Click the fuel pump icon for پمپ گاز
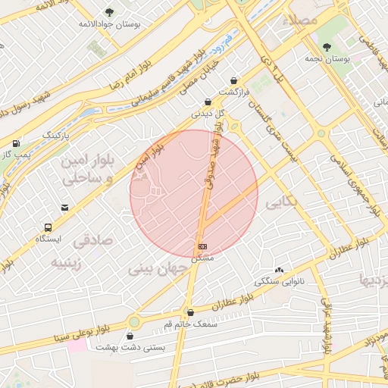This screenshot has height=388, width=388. pyautogui.click(x=16, y=143)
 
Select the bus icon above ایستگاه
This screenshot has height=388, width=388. pyautogui.click(x=48, y=227)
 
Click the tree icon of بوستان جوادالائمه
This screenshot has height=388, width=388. pyautogui.click(x=110, y=12)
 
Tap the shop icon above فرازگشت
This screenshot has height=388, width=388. pyautogui.click(x=235, y=80)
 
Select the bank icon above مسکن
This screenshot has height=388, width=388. pyautogui.click(x=202, y=246)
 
